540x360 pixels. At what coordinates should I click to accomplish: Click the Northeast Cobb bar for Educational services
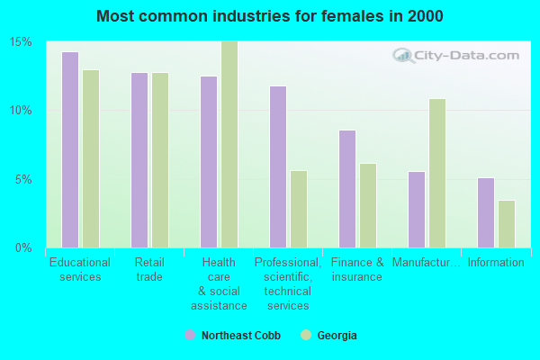point(70,149)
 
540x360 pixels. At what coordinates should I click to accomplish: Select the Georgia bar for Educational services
point(91,158)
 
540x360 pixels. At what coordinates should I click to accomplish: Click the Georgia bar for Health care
point(229,144)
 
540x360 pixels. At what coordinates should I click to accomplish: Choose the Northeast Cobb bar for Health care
point(209,162)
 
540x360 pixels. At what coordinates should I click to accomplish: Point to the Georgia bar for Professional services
point(299,209)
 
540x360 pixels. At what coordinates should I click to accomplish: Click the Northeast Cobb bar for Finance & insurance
point(347,189)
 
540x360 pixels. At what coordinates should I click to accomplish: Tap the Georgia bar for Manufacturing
point(437,173)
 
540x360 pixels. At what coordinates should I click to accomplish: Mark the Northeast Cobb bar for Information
point(486,212)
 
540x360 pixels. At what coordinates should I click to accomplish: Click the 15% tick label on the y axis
point(22,42)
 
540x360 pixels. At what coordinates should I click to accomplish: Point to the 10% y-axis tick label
point(22,111)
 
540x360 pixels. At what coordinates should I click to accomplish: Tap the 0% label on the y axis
point(24,247)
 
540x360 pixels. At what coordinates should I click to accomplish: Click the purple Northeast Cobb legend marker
point(190,335)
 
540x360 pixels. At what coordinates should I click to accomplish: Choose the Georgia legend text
point(337,336)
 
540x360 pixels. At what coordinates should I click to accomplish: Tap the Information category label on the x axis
point(496,263)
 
